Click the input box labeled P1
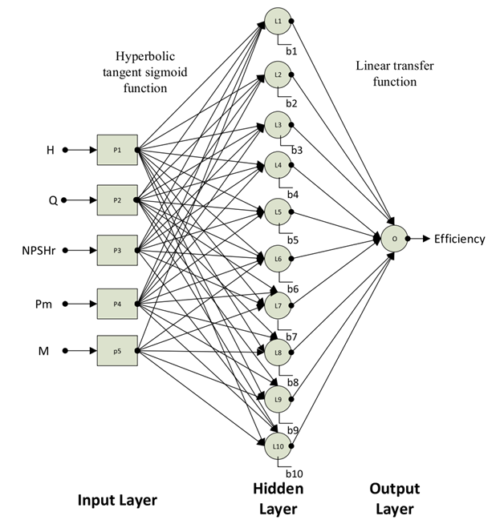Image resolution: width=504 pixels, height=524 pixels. coord(117,149)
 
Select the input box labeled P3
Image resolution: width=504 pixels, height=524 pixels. coord(117,250)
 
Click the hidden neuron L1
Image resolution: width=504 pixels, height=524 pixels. coord(278,21)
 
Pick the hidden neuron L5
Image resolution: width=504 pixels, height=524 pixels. coord(278,212)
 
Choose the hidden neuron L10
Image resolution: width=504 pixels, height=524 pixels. coord(278,445)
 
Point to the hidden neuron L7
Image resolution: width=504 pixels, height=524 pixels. coord(278,305)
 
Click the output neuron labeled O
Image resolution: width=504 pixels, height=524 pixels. coord(394,238)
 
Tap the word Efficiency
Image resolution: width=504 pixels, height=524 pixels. coord(459,239)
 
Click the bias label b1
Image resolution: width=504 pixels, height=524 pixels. coord(292,51)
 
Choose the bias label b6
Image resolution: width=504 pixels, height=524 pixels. coord(293,288)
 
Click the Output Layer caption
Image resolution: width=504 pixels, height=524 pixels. coord(395,498)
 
